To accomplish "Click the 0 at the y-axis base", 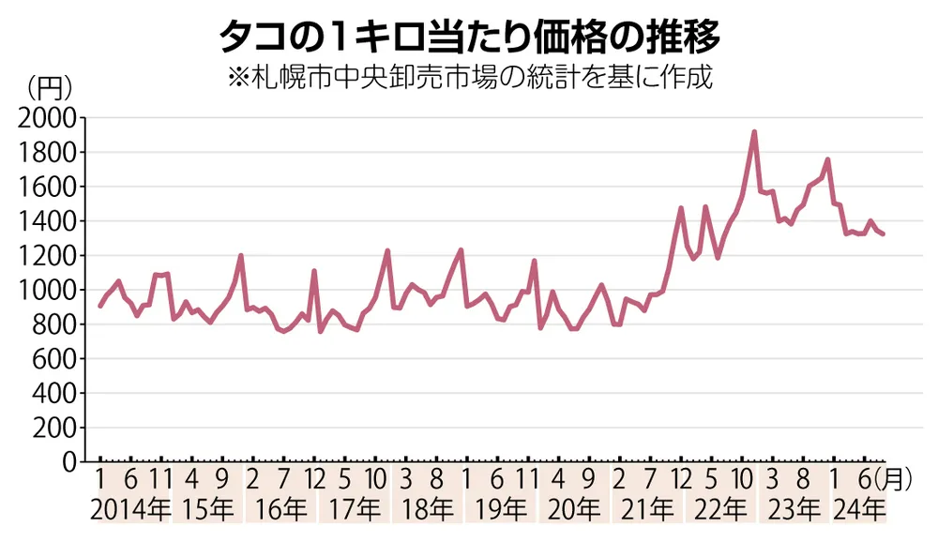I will pyautogui.click(x=69, y=462).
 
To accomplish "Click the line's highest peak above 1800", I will pyautogui.click(x=754, y=132).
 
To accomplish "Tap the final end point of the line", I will pyautogui.click(x=883, y=233).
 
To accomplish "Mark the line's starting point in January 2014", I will pyautogui.click(x=100, y=306).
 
